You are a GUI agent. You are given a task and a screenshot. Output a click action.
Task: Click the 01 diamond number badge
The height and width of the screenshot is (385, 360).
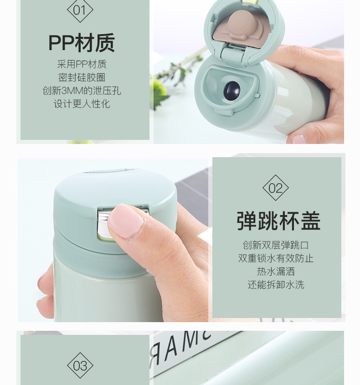(80, 10)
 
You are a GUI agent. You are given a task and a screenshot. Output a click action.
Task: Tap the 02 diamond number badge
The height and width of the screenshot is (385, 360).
(276, 188)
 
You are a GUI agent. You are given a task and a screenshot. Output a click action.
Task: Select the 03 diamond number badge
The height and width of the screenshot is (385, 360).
(80, 365)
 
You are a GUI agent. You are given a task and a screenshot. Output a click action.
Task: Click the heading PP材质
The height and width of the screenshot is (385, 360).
(82, 43)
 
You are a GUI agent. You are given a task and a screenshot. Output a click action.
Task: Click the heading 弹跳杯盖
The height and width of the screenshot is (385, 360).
(279, 221)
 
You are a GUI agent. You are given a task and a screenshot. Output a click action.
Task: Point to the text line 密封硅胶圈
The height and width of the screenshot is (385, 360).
(82, 77)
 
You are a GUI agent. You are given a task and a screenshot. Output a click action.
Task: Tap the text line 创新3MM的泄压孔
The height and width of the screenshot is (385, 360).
(82, 91)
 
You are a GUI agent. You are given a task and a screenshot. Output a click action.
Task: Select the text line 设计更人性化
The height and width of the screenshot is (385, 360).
(82, 104)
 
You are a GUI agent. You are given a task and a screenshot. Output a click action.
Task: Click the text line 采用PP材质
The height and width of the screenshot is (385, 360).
(82, 64)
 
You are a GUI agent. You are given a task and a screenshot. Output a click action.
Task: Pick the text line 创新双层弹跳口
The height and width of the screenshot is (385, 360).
(276, 245)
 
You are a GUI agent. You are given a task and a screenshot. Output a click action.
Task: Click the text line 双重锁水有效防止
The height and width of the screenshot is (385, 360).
(276, 258)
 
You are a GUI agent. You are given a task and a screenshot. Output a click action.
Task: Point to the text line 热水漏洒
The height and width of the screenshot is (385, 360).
(276, 272)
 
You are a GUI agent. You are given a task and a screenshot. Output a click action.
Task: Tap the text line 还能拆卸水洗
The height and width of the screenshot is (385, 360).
(276, 285)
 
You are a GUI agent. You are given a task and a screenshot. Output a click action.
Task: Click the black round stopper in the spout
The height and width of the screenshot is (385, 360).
(231, 91)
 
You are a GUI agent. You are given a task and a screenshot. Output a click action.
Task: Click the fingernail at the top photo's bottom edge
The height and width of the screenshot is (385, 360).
(299, 139)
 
